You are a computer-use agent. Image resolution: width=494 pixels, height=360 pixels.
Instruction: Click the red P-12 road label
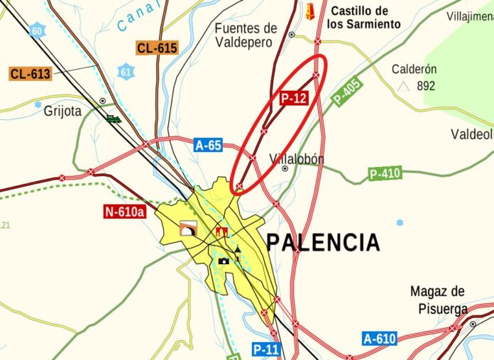[293, 99]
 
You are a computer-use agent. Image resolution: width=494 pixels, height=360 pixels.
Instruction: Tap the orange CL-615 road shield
[157, 48]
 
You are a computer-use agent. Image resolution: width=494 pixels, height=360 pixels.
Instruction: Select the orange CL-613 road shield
[31, 73]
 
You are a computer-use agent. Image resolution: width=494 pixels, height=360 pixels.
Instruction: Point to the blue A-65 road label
[208, 146]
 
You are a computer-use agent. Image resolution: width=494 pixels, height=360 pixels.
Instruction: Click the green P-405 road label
[347, 92]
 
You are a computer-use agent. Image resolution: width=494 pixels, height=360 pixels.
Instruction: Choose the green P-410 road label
[385, 173]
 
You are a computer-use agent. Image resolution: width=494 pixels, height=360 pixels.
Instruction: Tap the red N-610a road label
[124, 211]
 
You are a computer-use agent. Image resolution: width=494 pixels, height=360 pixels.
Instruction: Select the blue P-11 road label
[266, 349]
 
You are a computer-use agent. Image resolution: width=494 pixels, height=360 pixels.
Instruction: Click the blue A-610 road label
[379, 339]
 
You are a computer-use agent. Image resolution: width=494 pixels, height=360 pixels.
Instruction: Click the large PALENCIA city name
[323, 243]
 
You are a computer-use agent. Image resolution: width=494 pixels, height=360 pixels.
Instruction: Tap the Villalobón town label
[297, 159]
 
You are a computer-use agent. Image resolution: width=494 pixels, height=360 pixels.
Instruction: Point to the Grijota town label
[62, 111]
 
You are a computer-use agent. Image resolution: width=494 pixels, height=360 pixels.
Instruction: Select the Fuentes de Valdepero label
[246, 35]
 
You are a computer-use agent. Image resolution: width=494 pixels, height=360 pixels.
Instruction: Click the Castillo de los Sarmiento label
[363, 17]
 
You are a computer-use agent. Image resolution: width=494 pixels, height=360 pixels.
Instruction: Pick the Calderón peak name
[414, 70]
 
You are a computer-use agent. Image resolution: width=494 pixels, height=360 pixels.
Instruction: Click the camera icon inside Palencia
[224, 261]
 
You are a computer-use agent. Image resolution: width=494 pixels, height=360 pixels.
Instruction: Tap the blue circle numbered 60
[37, 31]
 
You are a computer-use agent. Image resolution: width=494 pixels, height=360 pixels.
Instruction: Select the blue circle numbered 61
[126, 71]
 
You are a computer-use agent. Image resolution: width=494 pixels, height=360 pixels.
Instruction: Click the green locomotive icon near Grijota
[114, 119]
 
